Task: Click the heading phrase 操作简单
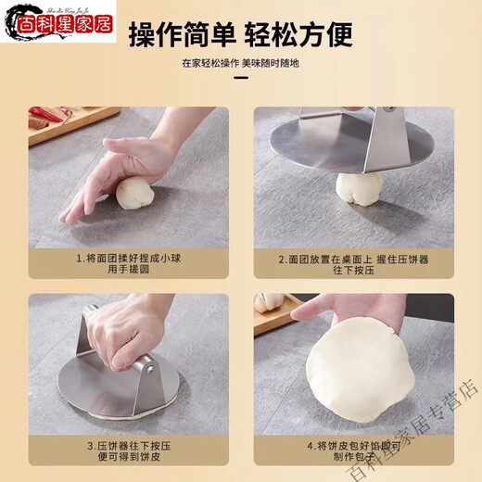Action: tap(180, 35)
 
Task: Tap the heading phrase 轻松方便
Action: tap(298, 35)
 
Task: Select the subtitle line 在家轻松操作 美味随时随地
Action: tap(240, 64)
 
